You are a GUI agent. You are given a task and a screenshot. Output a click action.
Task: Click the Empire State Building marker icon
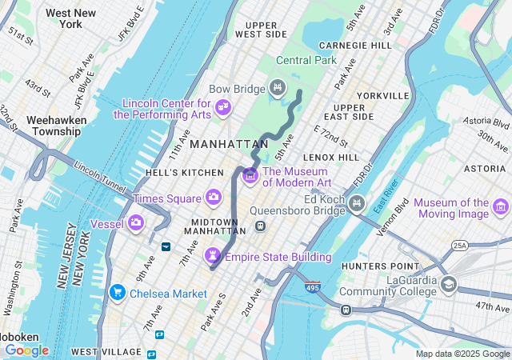214,255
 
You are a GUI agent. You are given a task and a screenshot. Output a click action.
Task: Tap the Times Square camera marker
214,196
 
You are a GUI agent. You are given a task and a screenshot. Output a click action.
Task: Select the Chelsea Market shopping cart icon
118,293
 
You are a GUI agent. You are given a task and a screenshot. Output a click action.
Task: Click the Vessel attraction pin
137,222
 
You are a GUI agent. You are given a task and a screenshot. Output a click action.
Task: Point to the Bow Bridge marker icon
278,87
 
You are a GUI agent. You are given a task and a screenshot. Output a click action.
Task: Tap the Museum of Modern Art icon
250,174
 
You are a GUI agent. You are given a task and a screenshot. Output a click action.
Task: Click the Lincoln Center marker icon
223,106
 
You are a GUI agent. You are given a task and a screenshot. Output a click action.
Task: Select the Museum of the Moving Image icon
502,208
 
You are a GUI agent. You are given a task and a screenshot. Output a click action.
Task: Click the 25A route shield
459,245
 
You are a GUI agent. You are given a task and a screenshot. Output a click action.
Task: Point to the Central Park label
306,60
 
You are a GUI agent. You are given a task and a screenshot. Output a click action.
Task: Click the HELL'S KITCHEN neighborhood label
185,173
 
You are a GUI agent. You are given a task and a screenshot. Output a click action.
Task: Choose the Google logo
26,350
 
